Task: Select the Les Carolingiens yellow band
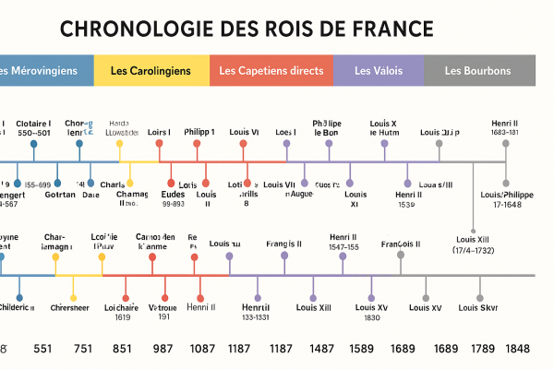click(x=151, y=71)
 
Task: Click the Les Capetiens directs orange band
click(x=271, y=71)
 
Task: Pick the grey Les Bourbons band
click(x=477, y=71)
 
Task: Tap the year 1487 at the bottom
click(x=322, y=350)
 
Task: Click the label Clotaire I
click(x=34, y=123)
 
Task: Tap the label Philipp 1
click(x=199, y=132)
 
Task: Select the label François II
click(x=401, y=244)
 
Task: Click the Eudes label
click(x=172, y=195)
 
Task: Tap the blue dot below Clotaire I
click(x=34, y=144)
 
